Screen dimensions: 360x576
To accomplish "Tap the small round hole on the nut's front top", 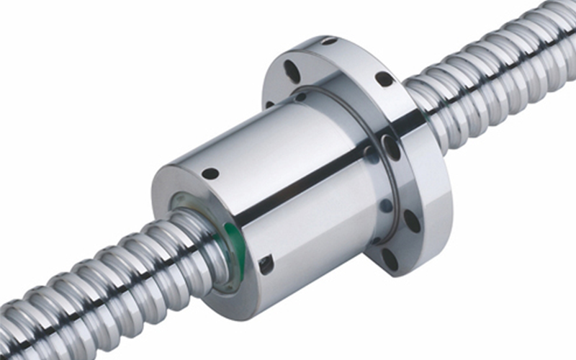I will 210,174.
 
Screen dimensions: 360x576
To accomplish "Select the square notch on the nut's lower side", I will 266,264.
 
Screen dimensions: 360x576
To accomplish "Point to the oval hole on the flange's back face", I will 292,71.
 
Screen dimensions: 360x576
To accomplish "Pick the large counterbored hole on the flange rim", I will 391,148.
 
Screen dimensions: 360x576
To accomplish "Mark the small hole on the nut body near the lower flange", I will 386,206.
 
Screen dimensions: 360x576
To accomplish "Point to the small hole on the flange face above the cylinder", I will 300,96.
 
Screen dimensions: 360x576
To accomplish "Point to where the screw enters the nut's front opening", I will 209,230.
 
